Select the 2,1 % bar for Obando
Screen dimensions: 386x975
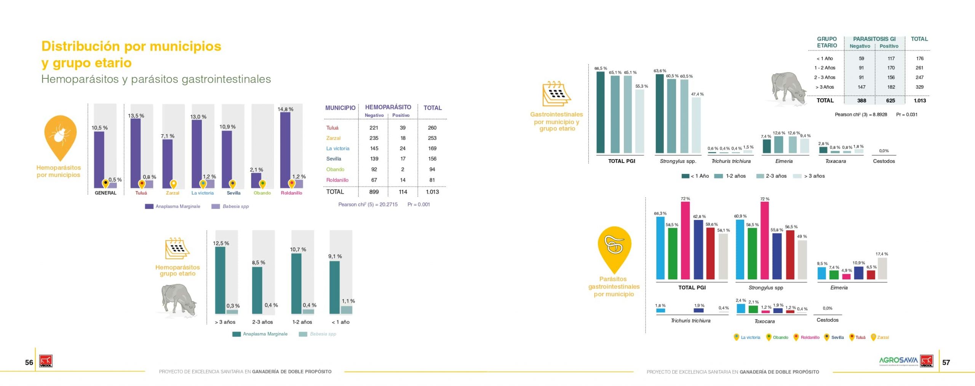(256, 180)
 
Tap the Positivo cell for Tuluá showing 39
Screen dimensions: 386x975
(403, 128)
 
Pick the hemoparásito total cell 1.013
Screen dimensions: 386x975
(432, 192)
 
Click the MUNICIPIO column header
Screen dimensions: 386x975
(340, 108)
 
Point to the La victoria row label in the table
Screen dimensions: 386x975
(337, 148)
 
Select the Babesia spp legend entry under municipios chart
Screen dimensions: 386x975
(230, 206)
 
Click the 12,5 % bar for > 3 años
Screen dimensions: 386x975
(220, 280)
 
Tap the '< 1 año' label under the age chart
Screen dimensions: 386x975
(340, 322)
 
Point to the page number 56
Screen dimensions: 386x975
(29, 362)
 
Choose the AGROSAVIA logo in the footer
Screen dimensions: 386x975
(898, 360)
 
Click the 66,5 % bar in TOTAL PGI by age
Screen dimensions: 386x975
(600, 112)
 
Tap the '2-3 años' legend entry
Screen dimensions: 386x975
(771, 176)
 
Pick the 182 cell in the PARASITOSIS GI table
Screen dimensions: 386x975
(891, 87)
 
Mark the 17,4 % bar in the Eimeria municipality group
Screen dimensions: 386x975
(882, 268)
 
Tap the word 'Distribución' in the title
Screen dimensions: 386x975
(80, 46)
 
